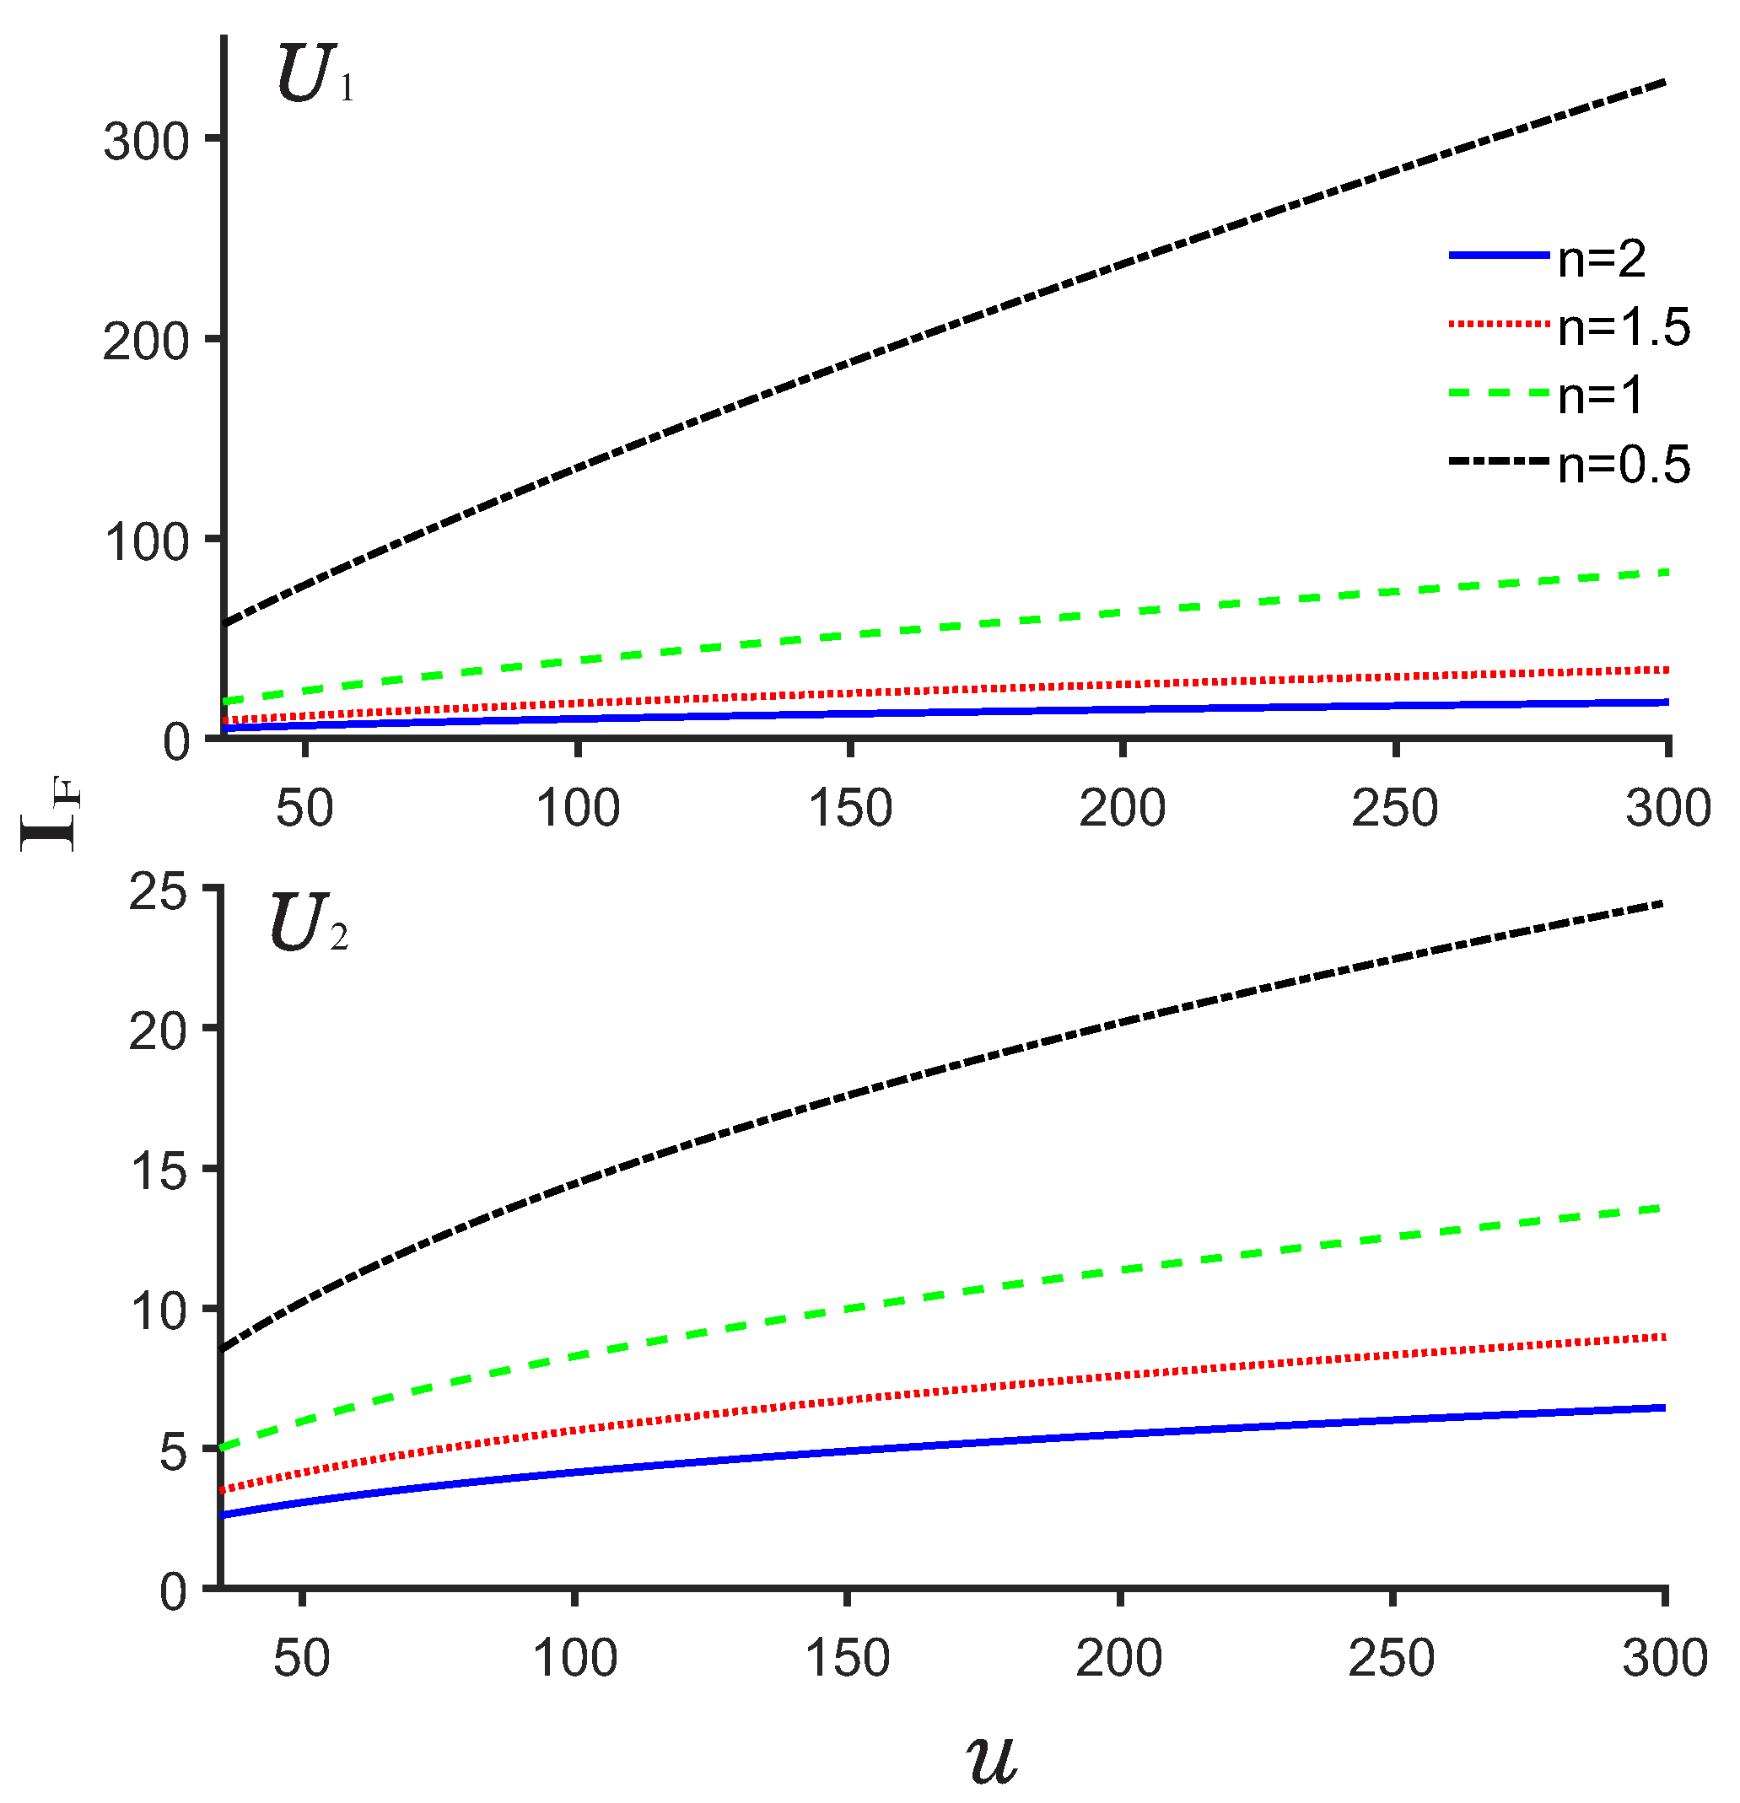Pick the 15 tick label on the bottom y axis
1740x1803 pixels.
pyautogui.click(x=159, y=1172)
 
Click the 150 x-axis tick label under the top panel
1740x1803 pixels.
pyautogui.click(x=849, y=809)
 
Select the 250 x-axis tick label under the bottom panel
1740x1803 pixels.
pyautogui.click(x=1392, y=1655)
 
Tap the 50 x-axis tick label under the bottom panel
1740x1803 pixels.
pyautogui.click(x=301, y=1655)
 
